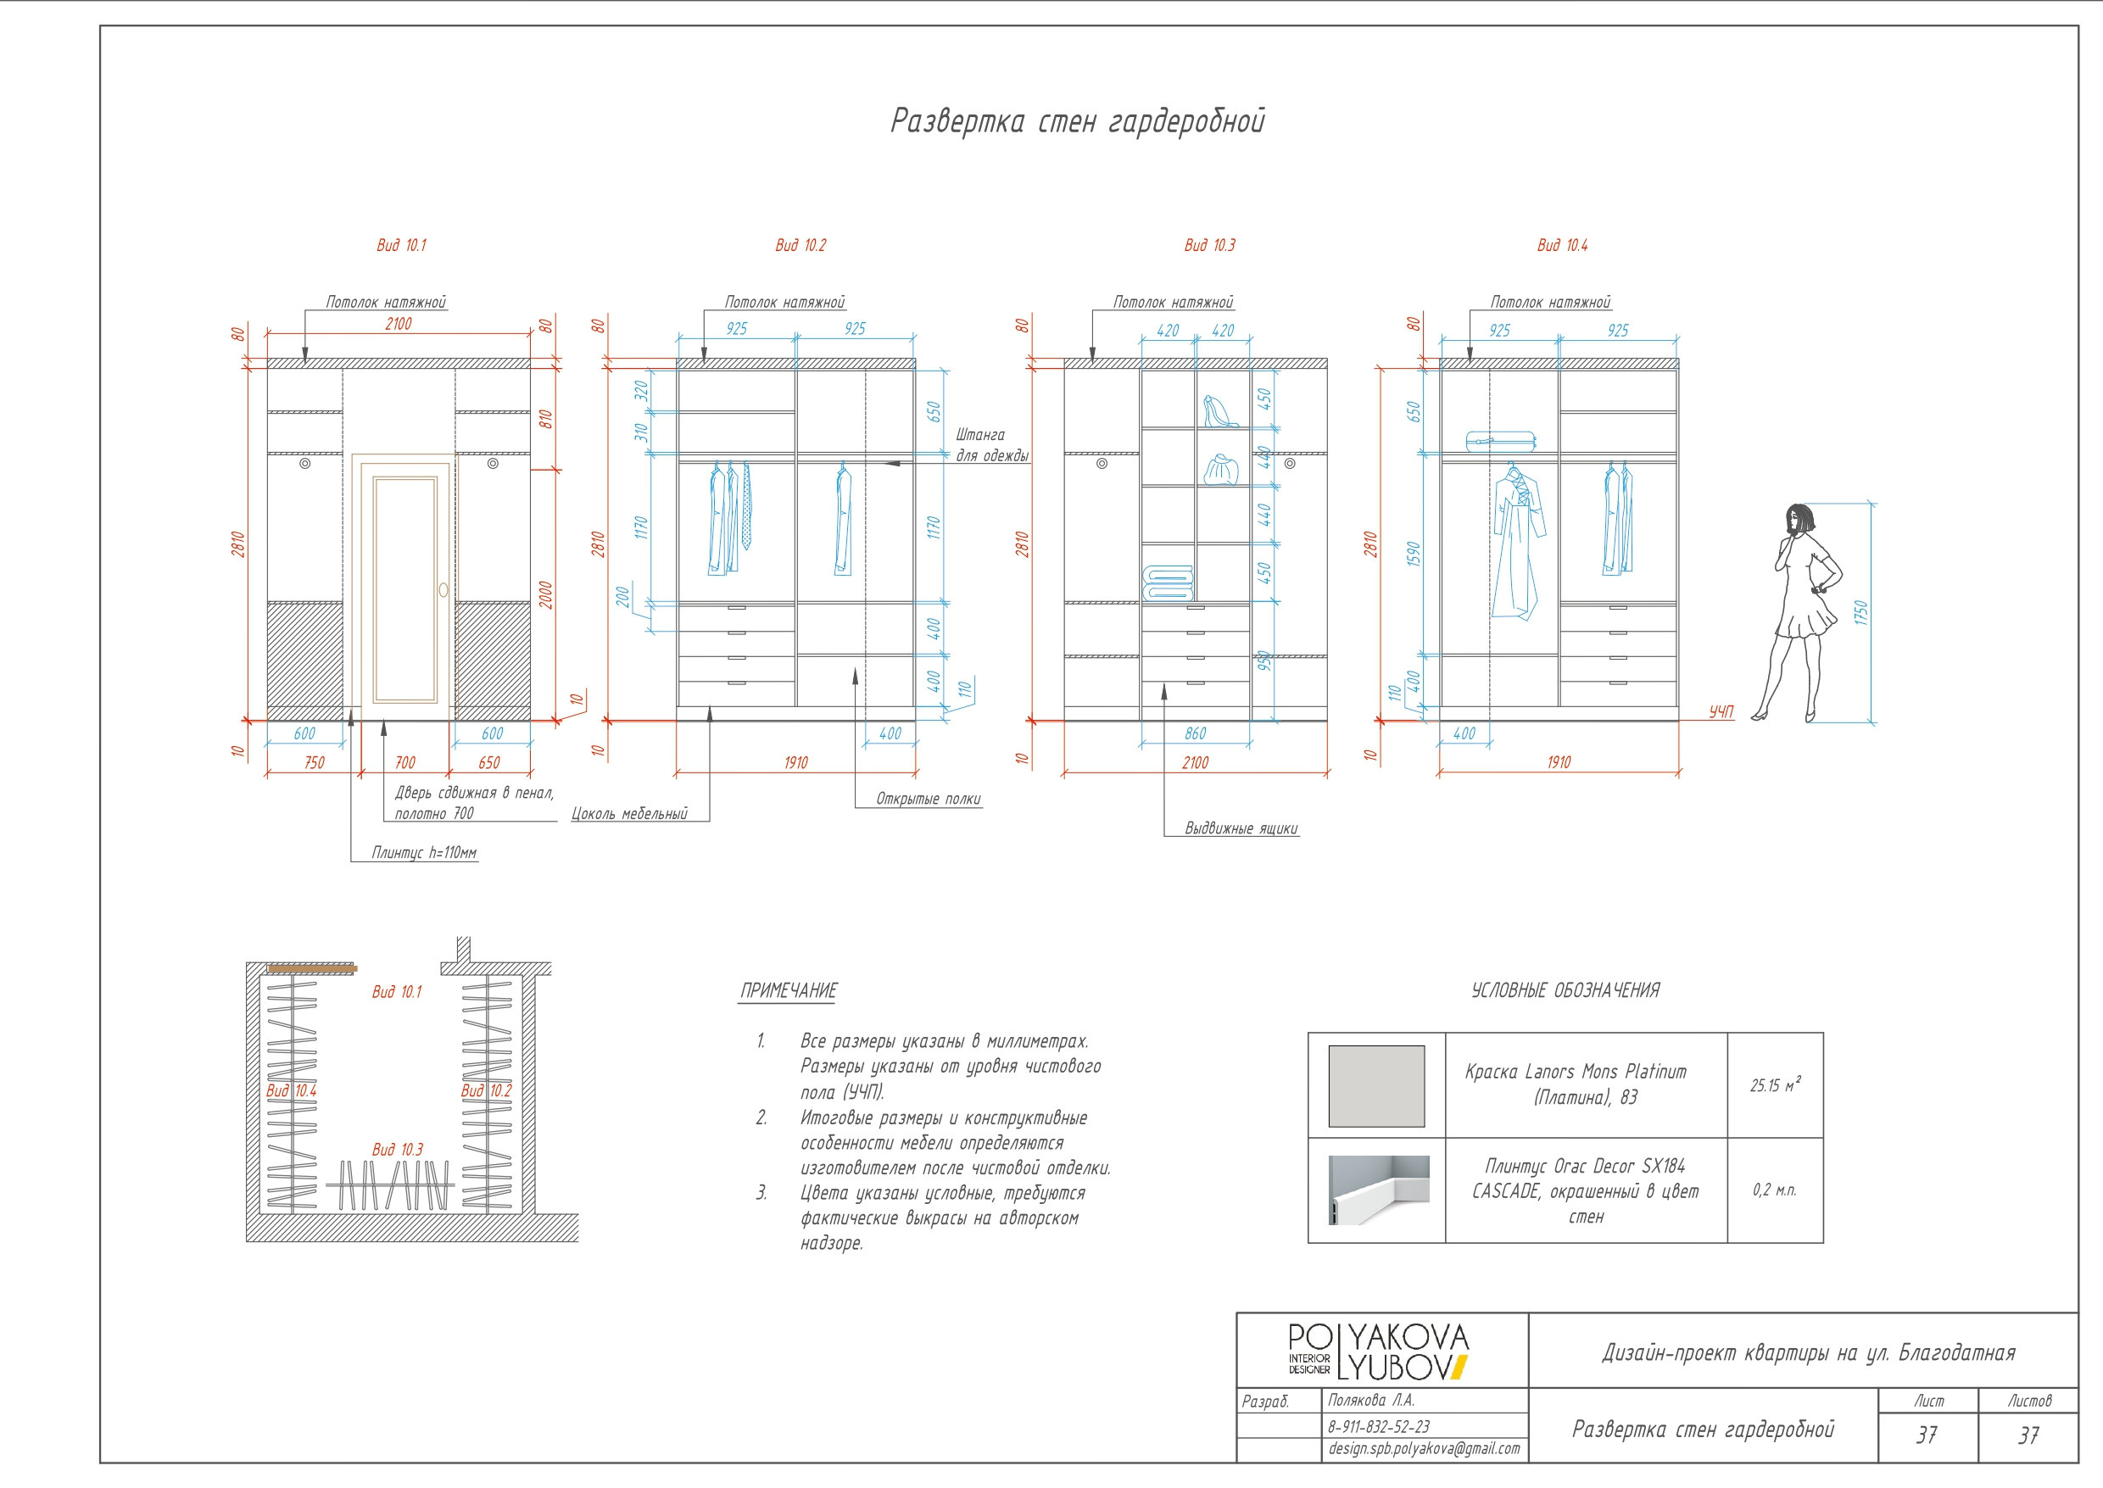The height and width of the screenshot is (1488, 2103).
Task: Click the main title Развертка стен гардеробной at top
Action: [1077, 121]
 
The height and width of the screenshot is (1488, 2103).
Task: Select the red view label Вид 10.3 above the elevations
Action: [1208, 246]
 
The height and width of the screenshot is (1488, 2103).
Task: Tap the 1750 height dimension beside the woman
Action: [1860, 613]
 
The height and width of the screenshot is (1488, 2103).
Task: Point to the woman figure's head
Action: [1799, 519]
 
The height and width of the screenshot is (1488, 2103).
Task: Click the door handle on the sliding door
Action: [443, 590]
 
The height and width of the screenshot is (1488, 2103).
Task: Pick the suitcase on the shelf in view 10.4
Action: [1500, 442]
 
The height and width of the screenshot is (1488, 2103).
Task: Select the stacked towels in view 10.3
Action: [1168, 582]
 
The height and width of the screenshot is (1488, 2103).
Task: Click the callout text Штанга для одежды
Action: [991, 445]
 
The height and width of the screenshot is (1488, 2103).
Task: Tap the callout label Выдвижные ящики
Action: [1241, 828]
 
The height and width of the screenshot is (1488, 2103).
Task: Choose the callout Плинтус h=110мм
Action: [423, 853]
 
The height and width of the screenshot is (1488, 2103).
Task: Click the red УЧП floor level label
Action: [1721, 711]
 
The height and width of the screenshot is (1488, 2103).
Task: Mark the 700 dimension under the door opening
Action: [405, 762]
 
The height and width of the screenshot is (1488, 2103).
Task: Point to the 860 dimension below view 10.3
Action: [1195, 734]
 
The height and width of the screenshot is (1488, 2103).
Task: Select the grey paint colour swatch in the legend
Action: [1375, 1086]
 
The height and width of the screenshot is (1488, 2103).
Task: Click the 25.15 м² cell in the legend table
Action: [1774, 1086]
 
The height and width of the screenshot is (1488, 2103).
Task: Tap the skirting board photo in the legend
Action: [1378, 1190]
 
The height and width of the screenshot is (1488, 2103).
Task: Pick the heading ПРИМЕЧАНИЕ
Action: [788, 990]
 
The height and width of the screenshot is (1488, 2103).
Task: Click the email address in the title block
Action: [1423, 1449]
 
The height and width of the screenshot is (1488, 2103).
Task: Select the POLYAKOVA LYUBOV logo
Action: [1377, 1351]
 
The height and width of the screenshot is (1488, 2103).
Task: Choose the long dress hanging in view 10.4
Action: [1517, 545]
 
